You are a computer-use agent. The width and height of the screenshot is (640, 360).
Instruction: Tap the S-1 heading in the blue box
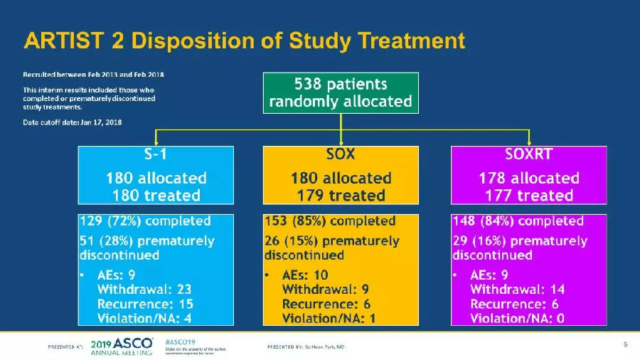[x=154, y=154]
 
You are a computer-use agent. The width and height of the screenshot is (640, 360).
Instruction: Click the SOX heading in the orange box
[x=341, y=154]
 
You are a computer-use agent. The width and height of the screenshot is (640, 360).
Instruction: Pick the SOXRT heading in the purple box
[x=529, y=154]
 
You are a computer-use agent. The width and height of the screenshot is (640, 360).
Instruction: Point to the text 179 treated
[x=341, y=195]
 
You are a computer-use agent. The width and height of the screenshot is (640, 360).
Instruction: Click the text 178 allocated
[x=529, y=178]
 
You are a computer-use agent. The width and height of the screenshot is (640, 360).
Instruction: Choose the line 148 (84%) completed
[x=518, y=221]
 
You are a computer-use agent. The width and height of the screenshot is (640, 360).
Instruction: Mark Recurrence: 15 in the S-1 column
[x=144, y=304]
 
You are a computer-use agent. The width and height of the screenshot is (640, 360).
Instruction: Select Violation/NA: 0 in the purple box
[x=517, y=318]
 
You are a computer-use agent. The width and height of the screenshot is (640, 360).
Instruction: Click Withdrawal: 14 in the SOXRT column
[x=517, y=290]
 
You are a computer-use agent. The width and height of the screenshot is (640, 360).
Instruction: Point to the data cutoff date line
[x=73, y=122]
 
